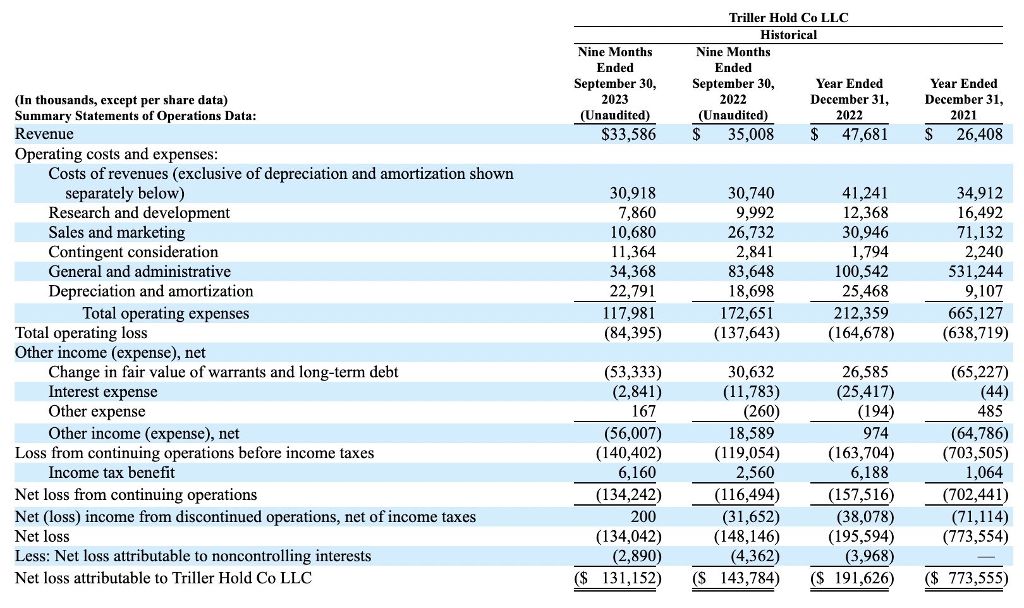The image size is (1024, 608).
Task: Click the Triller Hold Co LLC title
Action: tap(788, 18)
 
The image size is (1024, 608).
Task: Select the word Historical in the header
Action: tap(788, 35)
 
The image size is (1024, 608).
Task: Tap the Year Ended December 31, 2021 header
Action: tap(964, 99)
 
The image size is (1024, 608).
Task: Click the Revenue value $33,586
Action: tap(628, 134)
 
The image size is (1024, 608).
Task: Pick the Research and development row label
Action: tap(139, 212)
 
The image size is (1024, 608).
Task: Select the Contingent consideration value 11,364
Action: tap(633, 252)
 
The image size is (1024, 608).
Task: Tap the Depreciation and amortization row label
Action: tap(151, 291)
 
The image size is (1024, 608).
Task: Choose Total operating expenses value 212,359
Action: tap(862, 313)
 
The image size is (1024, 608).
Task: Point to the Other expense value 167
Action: tap(643, 411)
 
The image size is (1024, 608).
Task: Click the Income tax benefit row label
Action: tap(111, 472)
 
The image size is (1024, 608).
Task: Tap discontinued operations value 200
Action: tap(643, 516)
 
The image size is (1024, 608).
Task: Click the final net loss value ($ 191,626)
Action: tap(852, 578)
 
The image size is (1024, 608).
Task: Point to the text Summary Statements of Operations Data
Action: tap(135, 116)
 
